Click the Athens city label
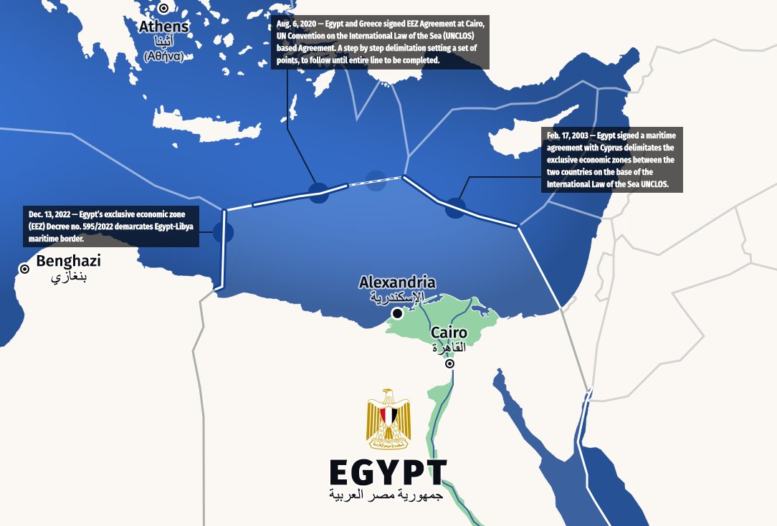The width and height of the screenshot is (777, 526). click(164, 27)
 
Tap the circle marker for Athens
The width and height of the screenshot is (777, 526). click(163, 9)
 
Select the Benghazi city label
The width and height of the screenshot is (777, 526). click(68, 261)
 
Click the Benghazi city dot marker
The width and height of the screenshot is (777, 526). click(24, 269)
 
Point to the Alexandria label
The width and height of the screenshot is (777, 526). click(397, 282)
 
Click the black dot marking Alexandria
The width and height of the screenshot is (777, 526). click(396, 313)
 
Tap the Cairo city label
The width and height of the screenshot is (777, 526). click(449, 333)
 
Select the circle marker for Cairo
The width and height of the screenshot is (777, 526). click(449, 364)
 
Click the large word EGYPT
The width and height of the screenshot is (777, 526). click(388, 472)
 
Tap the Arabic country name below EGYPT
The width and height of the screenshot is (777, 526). click(387, 495)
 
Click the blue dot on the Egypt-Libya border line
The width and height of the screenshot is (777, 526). click(224, 232)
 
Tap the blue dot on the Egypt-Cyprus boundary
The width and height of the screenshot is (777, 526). click(455, 208)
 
